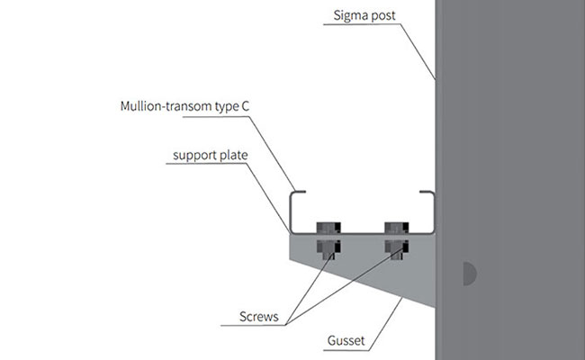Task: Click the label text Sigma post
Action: tap(364, 15)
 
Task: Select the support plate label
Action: tap(211, 155)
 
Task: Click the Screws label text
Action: tap(259, 317)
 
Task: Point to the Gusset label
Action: tap(346, 340)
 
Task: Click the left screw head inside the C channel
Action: tap(328, 228)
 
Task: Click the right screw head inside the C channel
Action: tap(397, 228)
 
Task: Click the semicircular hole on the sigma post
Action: tap(469, 274)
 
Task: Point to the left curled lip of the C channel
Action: tap(297, 192)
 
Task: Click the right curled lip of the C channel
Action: tap(427, 192)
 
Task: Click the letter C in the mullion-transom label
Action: tap(245, 106)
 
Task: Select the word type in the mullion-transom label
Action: tap(227, 107)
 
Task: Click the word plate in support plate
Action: tap(234, 155)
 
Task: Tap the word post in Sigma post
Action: tap(382, 16)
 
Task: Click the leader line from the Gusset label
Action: tap(385, 324)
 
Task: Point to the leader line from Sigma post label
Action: tap(418, 52)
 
